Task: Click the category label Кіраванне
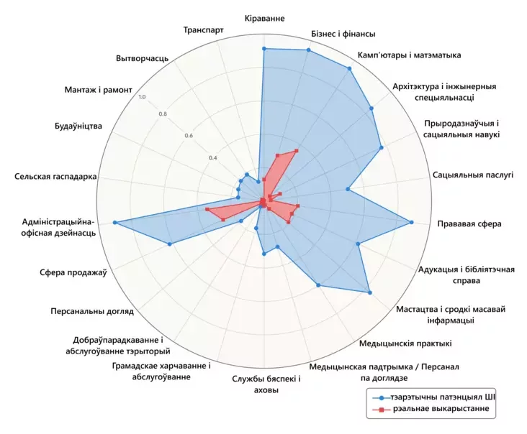point(264,18)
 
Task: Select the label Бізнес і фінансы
point(343,33)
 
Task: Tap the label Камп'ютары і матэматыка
point(409,55)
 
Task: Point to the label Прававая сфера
point(469,223)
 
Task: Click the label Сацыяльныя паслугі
point(473,175)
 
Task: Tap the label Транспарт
point(203,30)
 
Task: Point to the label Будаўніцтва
point(78,126)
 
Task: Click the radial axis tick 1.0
point(142,97)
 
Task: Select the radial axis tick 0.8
point(163,114)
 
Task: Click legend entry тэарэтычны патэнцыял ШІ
point(443,397)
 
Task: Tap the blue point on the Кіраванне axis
point(263,49)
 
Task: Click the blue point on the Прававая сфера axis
point(412,223)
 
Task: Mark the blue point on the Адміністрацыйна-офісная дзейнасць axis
point(115,223)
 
